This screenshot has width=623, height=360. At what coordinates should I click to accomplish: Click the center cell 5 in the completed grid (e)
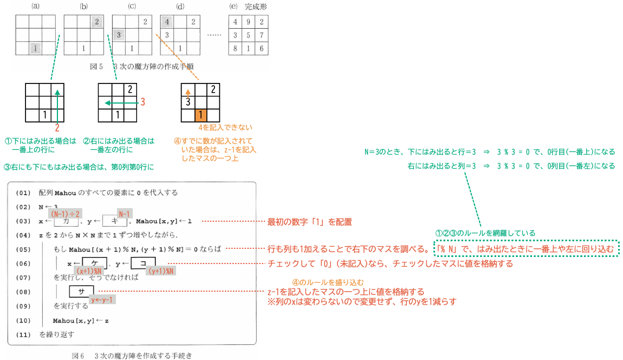coord(248,35)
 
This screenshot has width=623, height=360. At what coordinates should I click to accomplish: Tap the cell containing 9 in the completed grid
coord(248,22)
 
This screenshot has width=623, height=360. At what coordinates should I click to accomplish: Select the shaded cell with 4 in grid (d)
coord(167,22)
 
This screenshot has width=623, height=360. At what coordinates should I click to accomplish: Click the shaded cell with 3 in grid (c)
coord(119,35)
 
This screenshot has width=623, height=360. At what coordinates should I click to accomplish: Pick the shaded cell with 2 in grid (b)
coord(97,22)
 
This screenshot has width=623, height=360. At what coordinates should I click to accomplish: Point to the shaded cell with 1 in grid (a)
coord(35,48)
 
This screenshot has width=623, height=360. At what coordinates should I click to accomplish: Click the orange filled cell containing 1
coord(200,115)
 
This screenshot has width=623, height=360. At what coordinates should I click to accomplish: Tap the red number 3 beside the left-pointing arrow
coord(142,102)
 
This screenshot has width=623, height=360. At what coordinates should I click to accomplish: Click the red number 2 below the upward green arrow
coord(57,128)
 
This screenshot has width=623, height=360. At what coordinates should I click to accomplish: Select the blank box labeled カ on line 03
coord(66,221)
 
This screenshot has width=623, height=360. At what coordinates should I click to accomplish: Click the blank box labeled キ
coord(115,221)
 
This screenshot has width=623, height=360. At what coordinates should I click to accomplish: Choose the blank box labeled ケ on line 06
coord(95,263)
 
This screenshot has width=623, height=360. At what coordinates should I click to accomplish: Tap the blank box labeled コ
coord(143,263)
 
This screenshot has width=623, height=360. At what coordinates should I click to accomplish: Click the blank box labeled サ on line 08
coord(81,292)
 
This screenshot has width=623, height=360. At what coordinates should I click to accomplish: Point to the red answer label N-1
coord(125,214)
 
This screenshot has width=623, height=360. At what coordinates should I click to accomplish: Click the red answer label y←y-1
coord(102,299)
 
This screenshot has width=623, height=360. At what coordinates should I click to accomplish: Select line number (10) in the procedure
coord(23,320)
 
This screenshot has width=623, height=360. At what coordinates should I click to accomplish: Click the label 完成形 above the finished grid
coord(256,7)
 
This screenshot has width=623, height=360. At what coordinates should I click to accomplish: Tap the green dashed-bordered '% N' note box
coord(527,249)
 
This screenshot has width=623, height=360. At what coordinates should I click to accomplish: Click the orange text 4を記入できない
coord(225,127)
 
